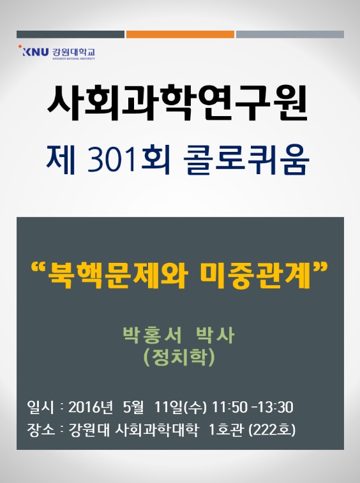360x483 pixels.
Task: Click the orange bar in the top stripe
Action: tap(180, 34)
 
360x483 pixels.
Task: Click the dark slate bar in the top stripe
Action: tap(71, 34)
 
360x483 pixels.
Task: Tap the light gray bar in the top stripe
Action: tap(290, 34)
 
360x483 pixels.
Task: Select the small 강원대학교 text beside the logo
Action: tap(73, 52)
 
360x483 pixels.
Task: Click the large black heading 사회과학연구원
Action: tap(178, 103)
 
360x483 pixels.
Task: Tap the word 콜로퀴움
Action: tap(246, 160)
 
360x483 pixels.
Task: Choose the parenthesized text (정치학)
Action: tap(179, 358)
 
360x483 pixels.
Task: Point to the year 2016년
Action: tap(90, 407)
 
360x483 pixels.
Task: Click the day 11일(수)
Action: tap(180, 407)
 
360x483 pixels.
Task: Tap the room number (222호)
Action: tap(272, 429)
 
